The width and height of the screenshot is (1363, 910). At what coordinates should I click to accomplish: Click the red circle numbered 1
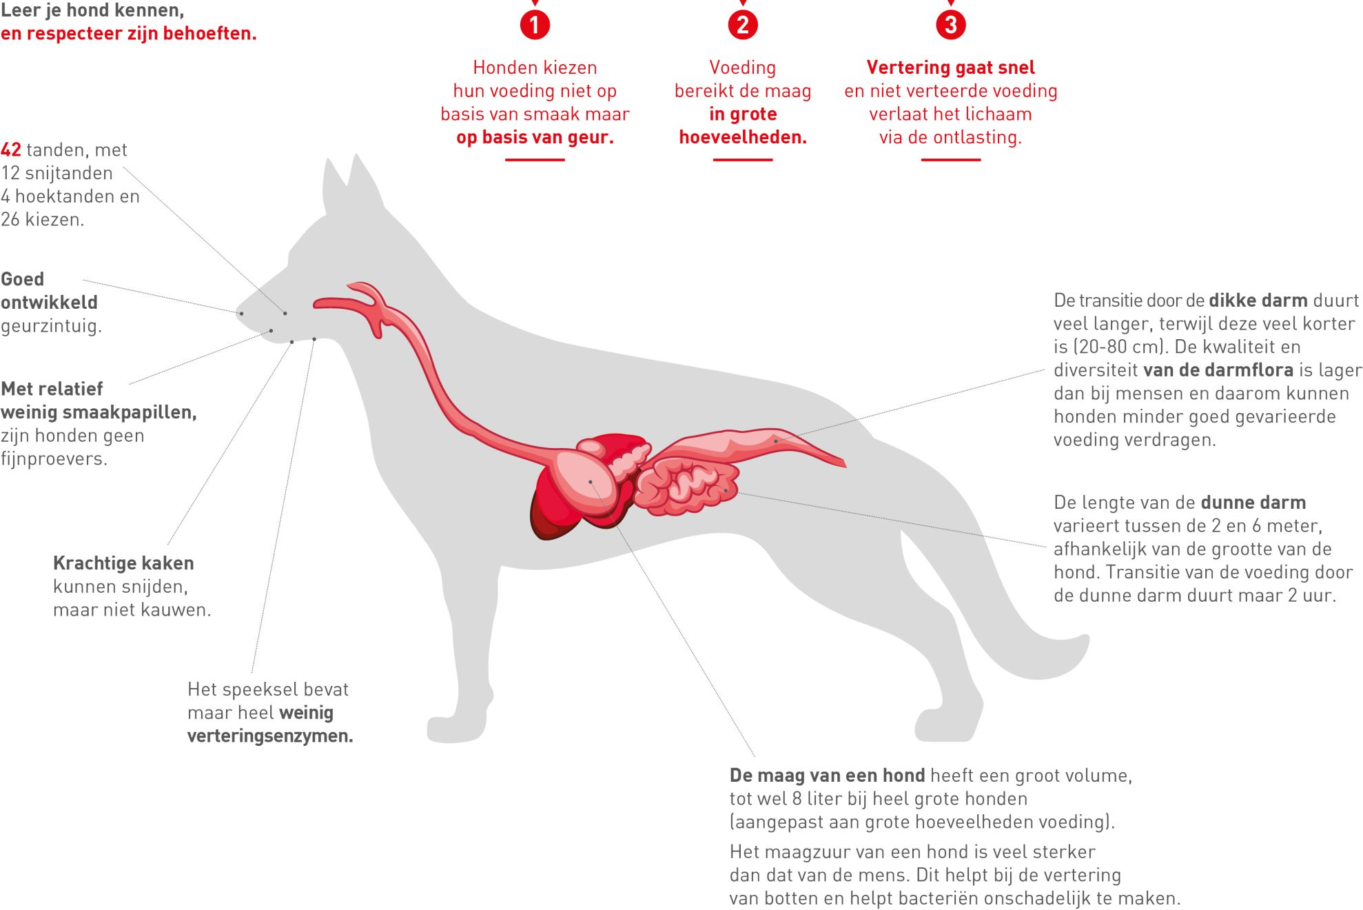coord(535,25)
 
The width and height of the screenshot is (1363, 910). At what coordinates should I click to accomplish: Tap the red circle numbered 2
coord(743,25)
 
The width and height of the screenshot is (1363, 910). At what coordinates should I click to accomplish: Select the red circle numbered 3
coord(951,25)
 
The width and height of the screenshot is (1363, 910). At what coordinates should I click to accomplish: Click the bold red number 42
coord(11,150)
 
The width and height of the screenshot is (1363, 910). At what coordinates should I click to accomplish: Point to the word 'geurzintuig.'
coord(52,326)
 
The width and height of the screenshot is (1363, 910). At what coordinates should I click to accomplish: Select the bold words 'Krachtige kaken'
coord(123,563)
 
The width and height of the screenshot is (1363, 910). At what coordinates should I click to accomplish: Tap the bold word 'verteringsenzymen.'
coord(270,736)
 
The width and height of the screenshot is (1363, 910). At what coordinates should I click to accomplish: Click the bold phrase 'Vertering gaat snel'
coord(951,68)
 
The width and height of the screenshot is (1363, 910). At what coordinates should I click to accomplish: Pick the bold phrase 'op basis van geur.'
coord(535,137)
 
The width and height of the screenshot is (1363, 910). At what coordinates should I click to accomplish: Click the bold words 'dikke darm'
coord(1258,301)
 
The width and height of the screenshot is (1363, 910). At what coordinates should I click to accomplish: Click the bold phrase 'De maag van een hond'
coord(827,776)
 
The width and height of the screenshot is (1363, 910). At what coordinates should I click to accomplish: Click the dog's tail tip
coord(1083,645)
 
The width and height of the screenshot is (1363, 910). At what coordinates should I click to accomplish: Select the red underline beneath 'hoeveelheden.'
coord(743,160)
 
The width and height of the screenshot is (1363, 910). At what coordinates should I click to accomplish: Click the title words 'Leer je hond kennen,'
coord(92,11)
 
